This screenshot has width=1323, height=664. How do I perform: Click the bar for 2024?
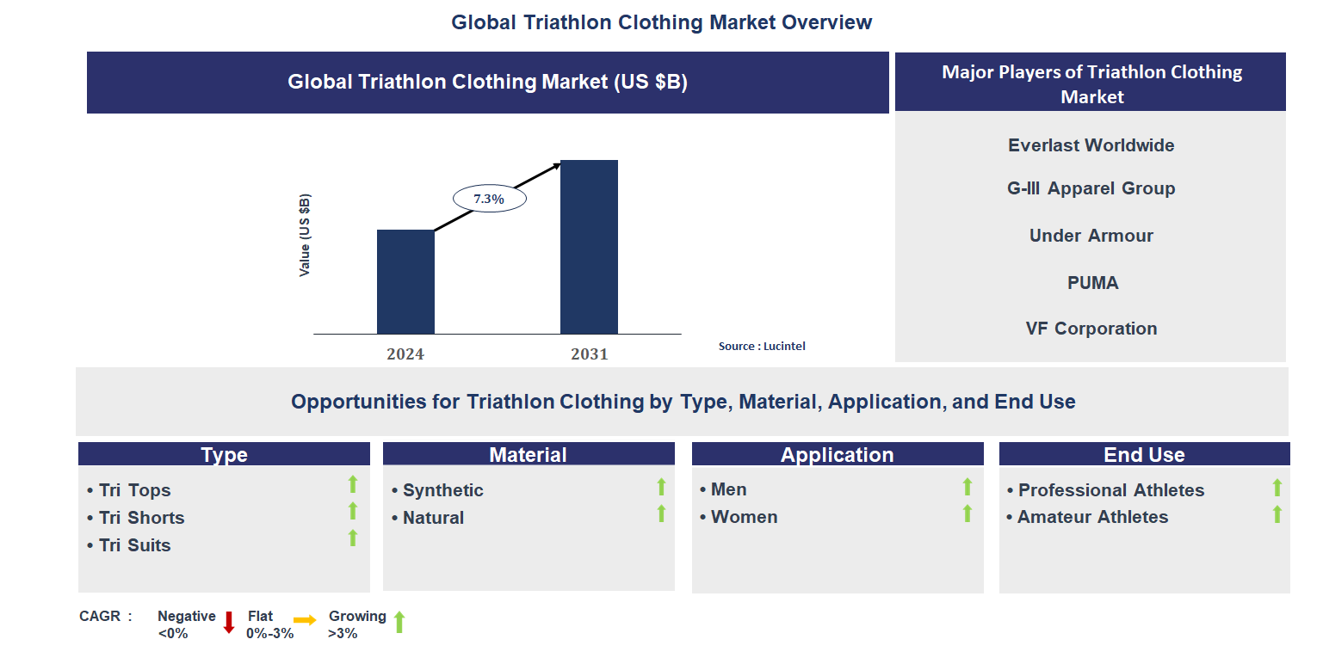405,281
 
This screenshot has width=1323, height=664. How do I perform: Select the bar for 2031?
589,247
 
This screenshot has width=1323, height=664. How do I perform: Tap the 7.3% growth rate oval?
489,199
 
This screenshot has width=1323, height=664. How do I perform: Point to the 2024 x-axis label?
405,354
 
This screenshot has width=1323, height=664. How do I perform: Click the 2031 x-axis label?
589,354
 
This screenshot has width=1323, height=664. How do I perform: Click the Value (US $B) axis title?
305,236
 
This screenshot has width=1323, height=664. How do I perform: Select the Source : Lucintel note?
762,346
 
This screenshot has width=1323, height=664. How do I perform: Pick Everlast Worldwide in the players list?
1091,145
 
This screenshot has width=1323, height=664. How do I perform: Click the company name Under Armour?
1091,236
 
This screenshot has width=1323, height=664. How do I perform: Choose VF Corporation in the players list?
1091,329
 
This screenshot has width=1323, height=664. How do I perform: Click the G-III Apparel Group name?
1091,188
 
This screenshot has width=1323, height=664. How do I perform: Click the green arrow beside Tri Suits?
352,538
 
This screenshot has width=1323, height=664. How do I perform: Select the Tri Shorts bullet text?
141,518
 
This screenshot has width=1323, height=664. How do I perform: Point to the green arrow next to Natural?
661,513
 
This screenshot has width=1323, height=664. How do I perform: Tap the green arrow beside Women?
967,513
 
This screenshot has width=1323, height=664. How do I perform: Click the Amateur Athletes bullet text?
1092,517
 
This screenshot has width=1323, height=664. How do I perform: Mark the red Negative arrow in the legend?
229,623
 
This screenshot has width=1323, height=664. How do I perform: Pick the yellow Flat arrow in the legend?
305,619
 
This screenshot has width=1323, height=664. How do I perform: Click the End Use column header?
1144,455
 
